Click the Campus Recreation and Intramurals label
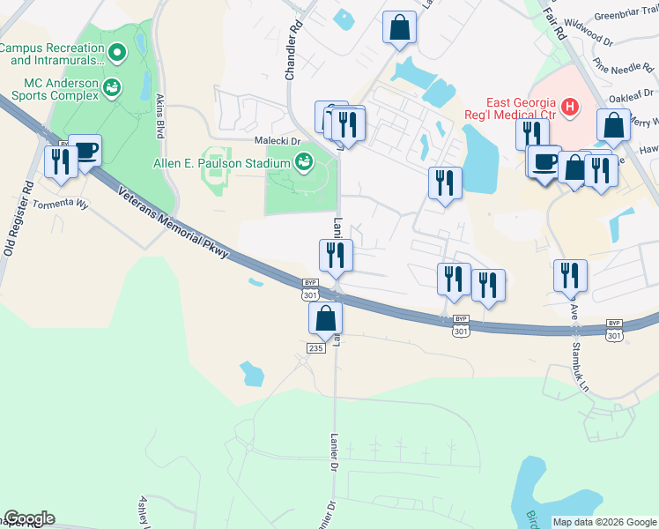click(x=53, y=54)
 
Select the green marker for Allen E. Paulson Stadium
click(x=303, y=161)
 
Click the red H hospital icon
click(x=570, y=108)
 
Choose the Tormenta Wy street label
click(x=61, y=204)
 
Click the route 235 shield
click(x=317, y=348)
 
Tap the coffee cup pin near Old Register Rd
click(x=85, y=150)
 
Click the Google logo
click(x=29, y=518)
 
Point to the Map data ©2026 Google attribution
click(x=603, y=522)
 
